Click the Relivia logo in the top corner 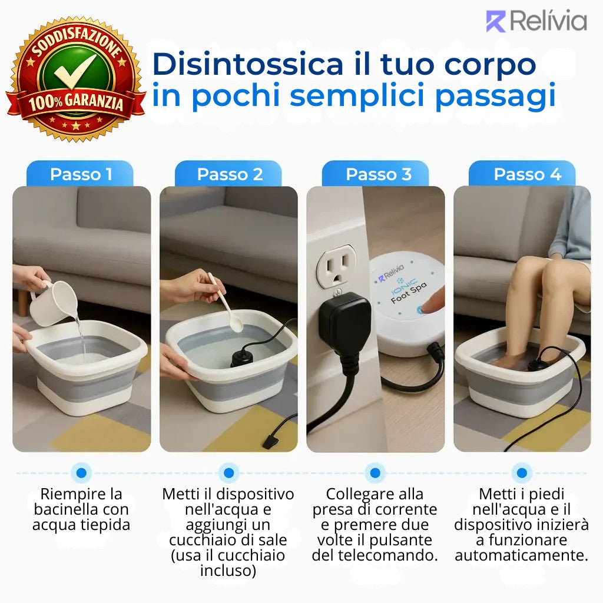[x=536, y=21]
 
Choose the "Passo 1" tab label [x=81, y=174]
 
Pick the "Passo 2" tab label [x=230, y=174]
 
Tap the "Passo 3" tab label [x=379, y=174]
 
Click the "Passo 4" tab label [x=527, y=174]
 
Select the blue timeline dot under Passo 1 [x=81, y=472]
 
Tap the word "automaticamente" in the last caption [x=521, y=555]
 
